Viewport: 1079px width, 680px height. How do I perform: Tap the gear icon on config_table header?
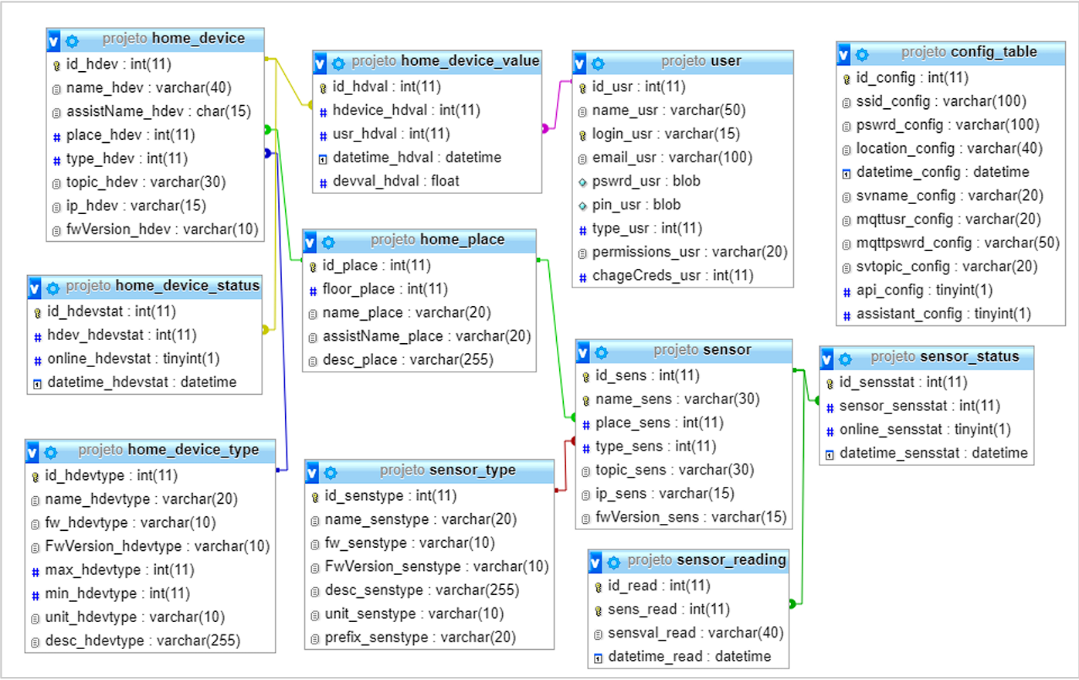point(862,54)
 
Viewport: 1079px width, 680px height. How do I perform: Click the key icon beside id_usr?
point(583,87)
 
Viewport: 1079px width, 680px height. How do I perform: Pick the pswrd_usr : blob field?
point(646,182)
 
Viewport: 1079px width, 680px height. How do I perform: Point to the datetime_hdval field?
point(416,158)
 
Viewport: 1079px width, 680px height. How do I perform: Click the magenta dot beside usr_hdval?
point(545,128)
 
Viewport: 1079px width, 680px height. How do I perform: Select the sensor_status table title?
point(945,357)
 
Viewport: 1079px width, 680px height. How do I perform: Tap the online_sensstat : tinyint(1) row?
point(925,430)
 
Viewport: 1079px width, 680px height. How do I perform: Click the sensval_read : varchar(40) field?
point(695,633)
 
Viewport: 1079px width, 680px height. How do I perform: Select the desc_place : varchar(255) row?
point(407,360)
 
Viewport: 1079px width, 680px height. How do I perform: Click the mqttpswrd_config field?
point(957,243)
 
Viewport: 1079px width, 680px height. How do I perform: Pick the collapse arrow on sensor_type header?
point(312,472)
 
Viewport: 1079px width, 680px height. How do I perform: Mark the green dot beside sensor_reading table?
point(792,603)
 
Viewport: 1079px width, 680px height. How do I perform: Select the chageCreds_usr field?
point(672,276)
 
